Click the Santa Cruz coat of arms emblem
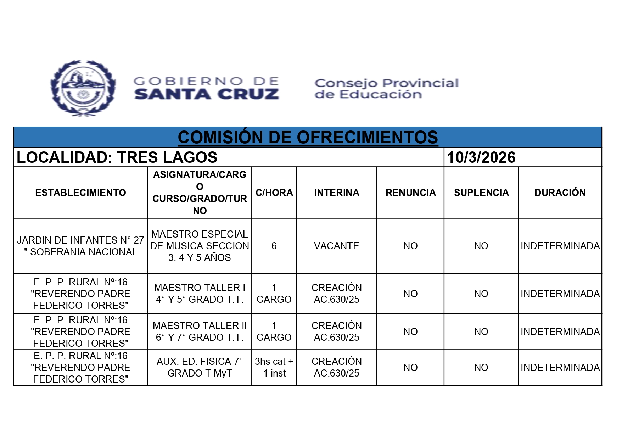pos(83,88)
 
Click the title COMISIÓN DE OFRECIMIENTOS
pos(308,137)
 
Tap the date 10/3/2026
pos(481,157)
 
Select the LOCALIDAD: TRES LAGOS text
pos(117,157)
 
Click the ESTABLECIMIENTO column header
pos(80,193)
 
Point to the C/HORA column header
pos(274,193)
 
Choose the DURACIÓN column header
pos(560,193)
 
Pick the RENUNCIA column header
pos(410,193)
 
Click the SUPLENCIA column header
pos(481,193)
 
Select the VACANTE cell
pos(336,246)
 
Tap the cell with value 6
pos(274,246)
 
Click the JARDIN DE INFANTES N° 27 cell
pos(80,246)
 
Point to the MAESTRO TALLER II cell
pos(200,331)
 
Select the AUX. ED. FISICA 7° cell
pos(200,367)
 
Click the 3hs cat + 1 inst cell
pos(274,367)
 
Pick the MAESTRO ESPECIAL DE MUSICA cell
pos(200,246)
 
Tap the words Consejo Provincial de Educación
pos(386,89)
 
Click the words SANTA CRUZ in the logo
pos(207,94)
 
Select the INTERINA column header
pos(336,193)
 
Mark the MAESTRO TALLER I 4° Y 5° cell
pos(200,293)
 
